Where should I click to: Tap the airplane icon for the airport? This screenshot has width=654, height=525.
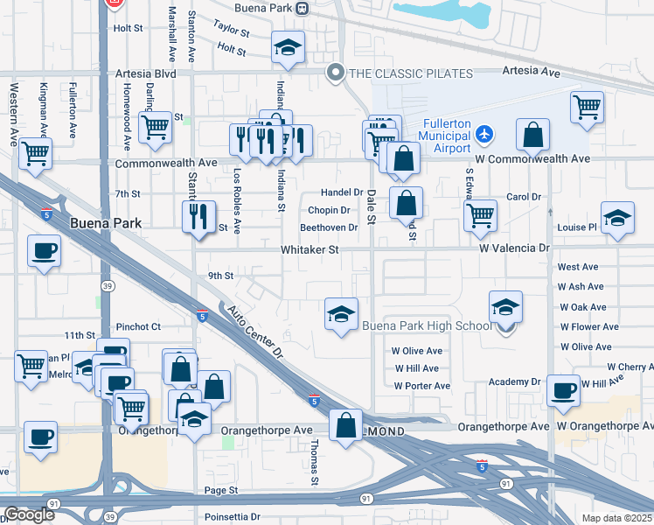pos(485,135)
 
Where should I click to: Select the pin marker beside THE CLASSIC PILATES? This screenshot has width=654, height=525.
pos(333,73)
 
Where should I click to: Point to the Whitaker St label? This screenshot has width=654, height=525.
pos(310,249)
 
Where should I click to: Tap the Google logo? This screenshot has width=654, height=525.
pos(29,514)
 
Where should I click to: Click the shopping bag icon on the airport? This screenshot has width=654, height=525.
pos(532,135)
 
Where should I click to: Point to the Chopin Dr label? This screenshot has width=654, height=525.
pos(329,210)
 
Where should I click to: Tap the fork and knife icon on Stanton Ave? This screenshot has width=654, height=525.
pos(198,215)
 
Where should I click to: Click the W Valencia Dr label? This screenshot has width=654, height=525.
pos(514,248)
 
